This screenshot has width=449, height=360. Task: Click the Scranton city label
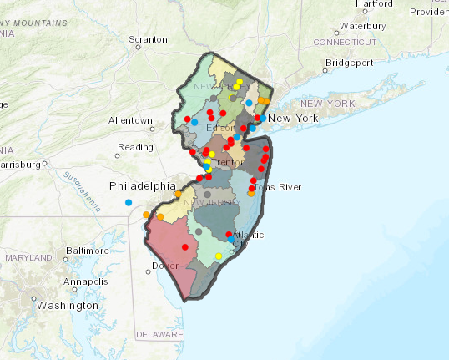(148, 39)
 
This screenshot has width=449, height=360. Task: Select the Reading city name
(135, 147)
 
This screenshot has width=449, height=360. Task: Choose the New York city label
(293, 119)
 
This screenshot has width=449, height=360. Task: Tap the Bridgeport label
(350, 63)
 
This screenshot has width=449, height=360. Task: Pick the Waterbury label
(361, 26)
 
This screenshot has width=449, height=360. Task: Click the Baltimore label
(88, 250)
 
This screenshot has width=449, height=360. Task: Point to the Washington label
(67, 306)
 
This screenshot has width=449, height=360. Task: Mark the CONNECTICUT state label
(346, 41)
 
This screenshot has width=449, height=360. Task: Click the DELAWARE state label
(159, 334)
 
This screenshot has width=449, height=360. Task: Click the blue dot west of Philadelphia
(129, 203)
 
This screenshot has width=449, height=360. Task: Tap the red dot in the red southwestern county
(184, 247)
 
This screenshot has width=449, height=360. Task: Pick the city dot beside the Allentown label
(153, 129)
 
